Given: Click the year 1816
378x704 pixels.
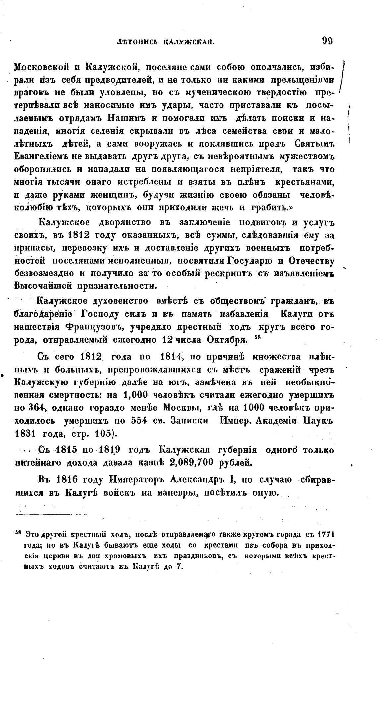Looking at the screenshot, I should (69, 480).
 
